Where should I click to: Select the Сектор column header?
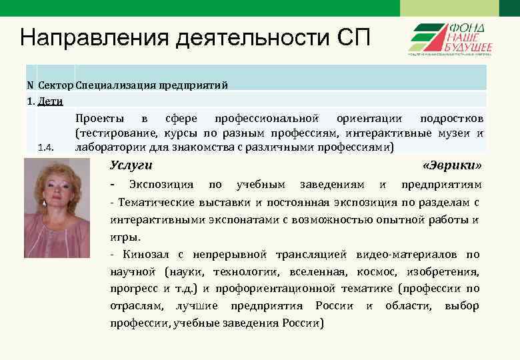pos(56,85)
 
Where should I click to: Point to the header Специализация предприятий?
pos(152,85)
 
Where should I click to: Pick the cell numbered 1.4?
pos(46,147)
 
